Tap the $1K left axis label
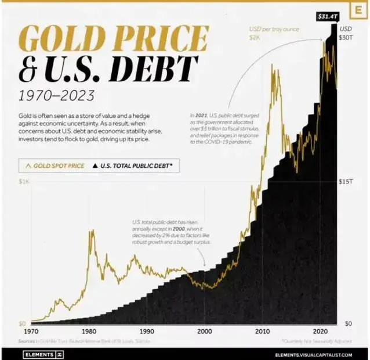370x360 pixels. (x=24, y=182)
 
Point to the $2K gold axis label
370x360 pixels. (x=255, y=38)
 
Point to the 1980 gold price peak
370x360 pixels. (x=92, y=232)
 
